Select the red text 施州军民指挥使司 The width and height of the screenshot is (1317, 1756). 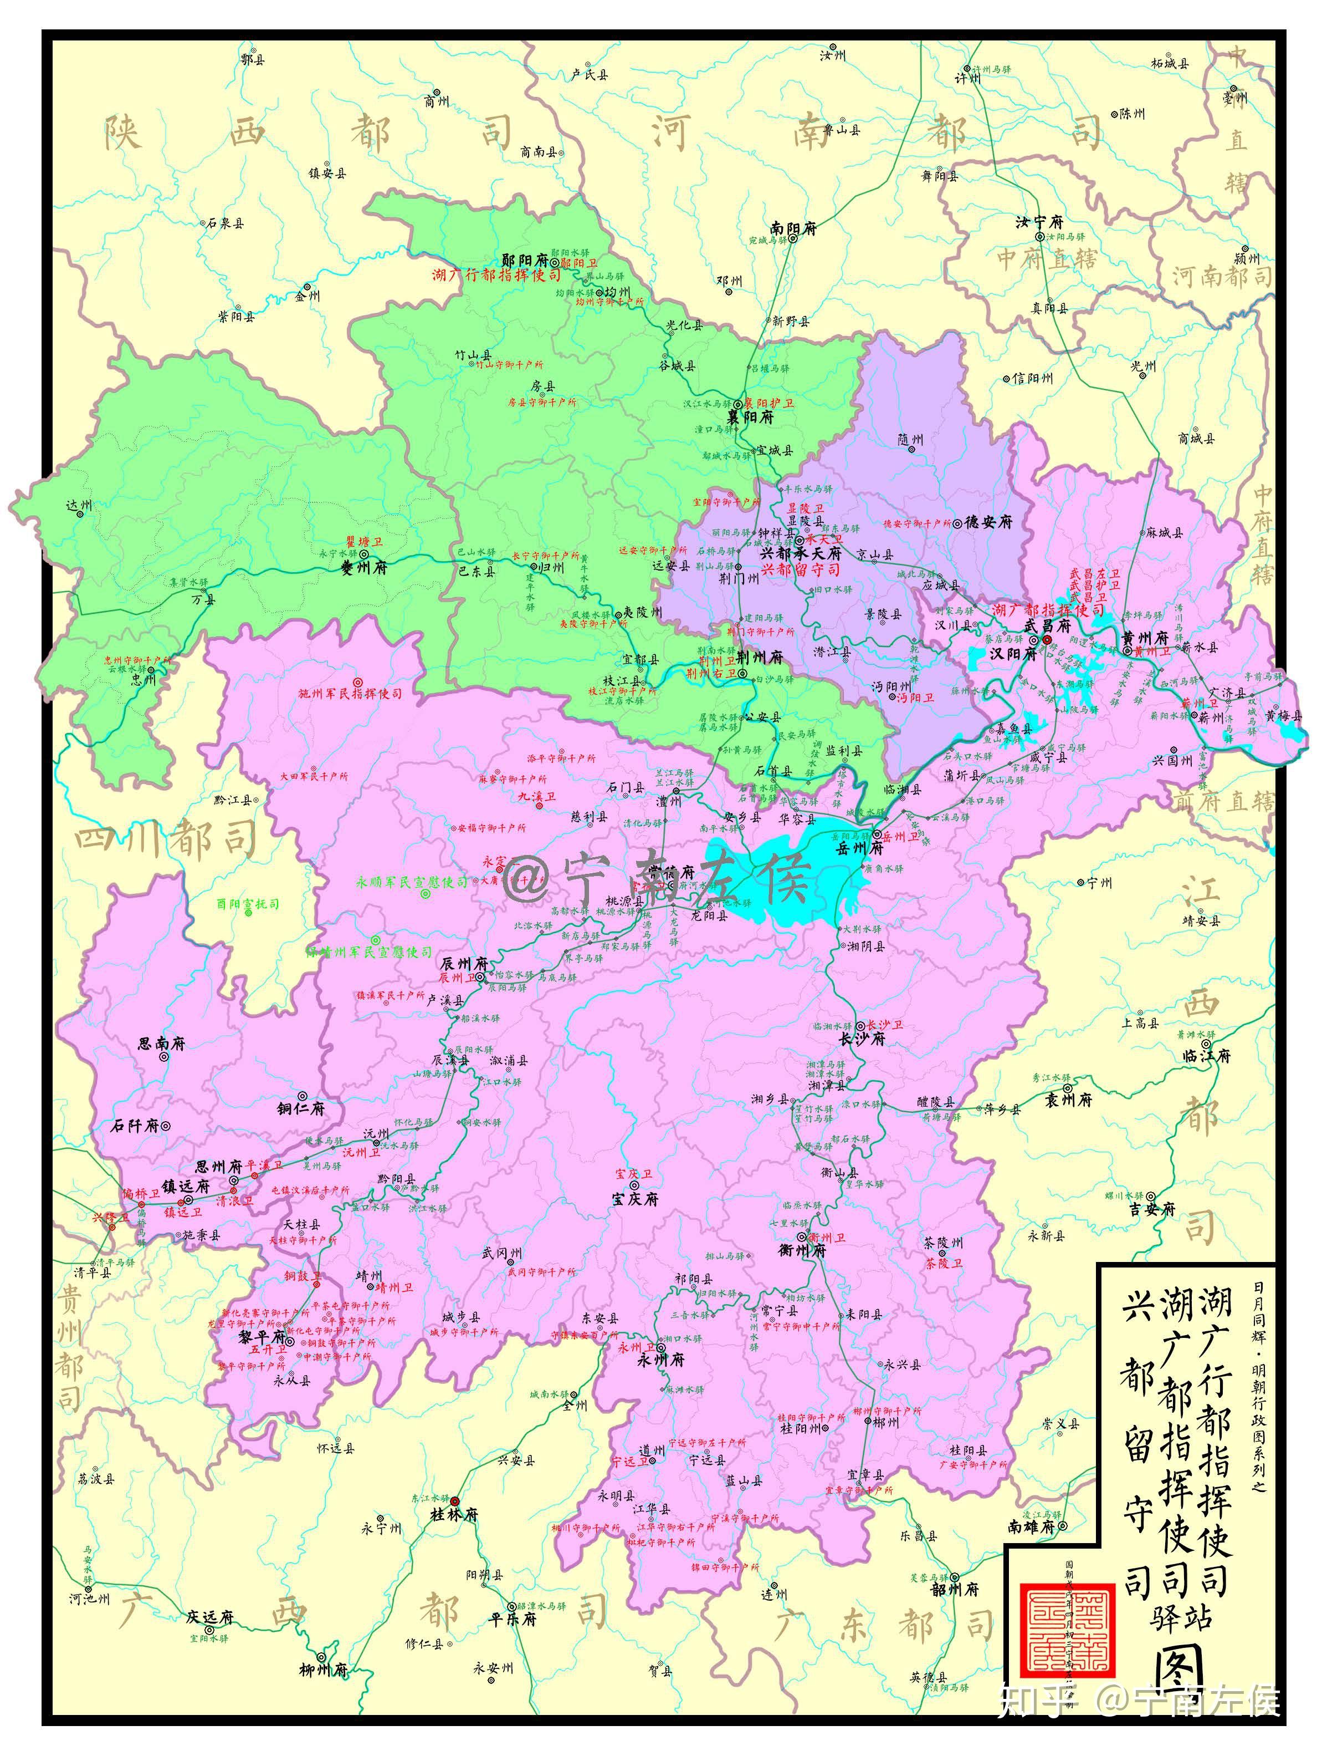point(350,694)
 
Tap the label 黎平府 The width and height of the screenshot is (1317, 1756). point(262,1337)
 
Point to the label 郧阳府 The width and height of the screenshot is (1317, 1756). point(525,261)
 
